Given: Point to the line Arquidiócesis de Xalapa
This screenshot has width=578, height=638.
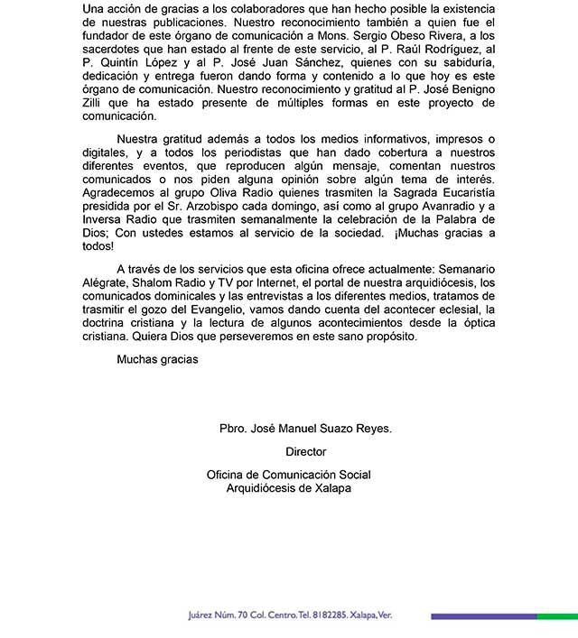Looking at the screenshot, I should [288, 488].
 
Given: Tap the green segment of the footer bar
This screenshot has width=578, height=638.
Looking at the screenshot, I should [556, 616].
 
